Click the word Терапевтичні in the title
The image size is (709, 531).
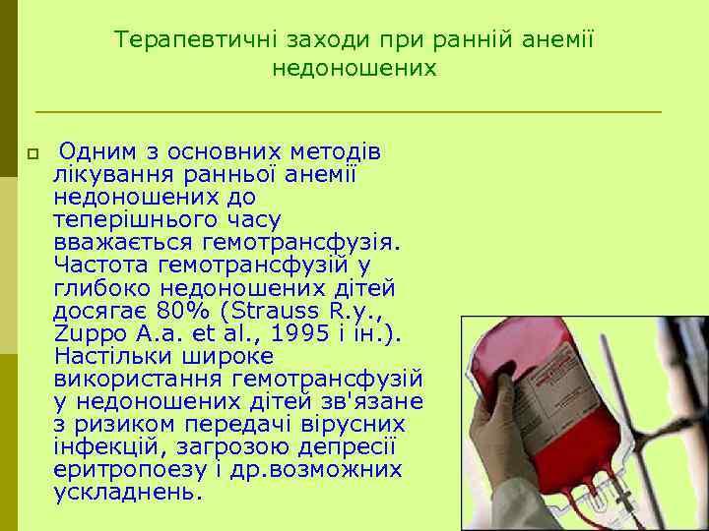[196, 40]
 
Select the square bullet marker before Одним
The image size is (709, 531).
[32, 154]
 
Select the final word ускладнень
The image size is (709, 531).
[127, 492]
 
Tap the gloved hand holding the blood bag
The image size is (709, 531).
[502, 433]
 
